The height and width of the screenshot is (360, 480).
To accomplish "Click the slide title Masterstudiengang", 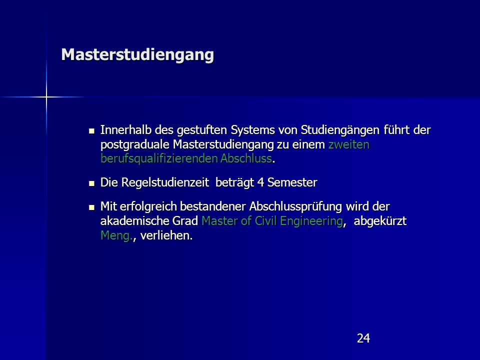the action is [137, 55].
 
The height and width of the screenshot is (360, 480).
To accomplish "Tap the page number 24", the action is [363, 338].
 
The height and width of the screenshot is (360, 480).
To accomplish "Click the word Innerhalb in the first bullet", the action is [126, 130].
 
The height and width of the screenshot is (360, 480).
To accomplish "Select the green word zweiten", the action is [348, 144].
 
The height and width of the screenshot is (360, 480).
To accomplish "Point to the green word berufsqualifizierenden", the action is [159, 158].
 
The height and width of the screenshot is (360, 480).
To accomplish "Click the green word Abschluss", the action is [246, 158].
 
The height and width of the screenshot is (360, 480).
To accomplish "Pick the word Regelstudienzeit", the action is [165, 182].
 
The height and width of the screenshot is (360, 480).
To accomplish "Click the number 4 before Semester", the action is [261, 182].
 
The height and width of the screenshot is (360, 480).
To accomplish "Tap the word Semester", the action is [292, 182].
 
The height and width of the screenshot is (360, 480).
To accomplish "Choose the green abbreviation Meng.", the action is [116, 235].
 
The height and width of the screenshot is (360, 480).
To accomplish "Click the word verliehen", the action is [164, 235].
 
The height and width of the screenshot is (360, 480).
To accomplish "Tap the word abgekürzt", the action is [380, 221].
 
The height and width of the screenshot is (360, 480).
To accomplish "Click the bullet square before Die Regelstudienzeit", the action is [91, 183].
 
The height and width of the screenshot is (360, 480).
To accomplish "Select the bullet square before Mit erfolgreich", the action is [91, 207].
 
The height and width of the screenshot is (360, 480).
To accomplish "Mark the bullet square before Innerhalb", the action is [91, 131].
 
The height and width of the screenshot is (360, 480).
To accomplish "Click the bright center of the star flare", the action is [46, 97].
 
